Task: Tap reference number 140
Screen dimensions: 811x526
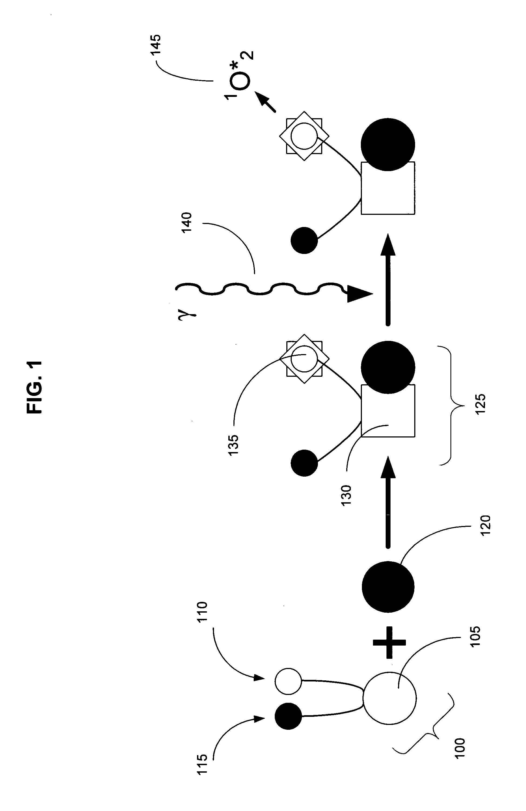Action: (x=187, y=222)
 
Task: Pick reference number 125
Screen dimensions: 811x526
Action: (x=480, y=404)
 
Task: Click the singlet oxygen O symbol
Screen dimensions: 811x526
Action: (x=241, y=81)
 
